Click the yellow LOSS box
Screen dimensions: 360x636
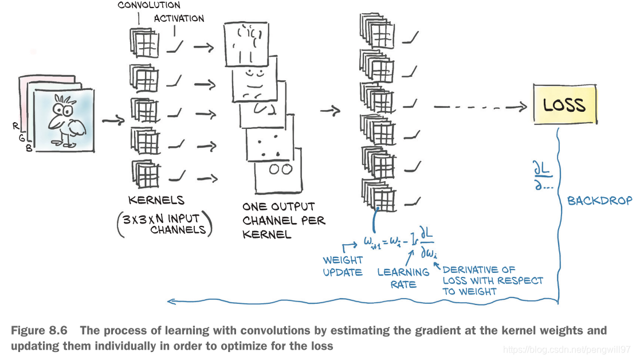[x=565, y=104]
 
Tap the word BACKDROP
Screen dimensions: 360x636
[x=599, y=201]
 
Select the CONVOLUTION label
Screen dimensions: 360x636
[x=149, y=5]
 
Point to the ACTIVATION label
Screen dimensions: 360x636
[x=179, y=18]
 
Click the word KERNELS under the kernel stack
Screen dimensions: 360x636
[x=156, y=200]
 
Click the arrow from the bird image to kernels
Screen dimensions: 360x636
[x=113, y=120]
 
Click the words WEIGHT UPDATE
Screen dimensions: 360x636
[x=343, y=266]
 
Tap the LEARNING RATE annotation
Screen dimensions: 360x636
[x=404, y=277]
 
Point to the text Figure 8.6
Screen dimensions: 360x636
[x=39, y=331]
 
